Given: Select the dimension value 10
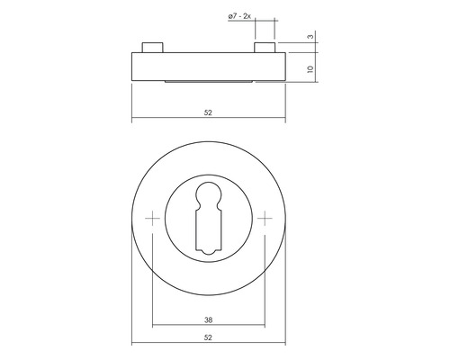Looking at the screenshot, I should [x=310, y=67].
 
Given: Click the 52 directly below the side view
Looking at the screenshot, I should [x=209, y=112].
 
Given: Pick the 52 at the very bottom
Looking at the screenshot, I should [x=209, y=337].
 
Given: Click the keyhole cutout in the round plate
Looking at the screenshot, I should [x=209, y=216].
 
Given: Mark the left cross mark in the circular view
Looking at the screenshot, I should [x=154, y=217].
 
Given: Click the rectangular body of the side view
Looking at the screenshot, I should [x=209, y=67].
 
